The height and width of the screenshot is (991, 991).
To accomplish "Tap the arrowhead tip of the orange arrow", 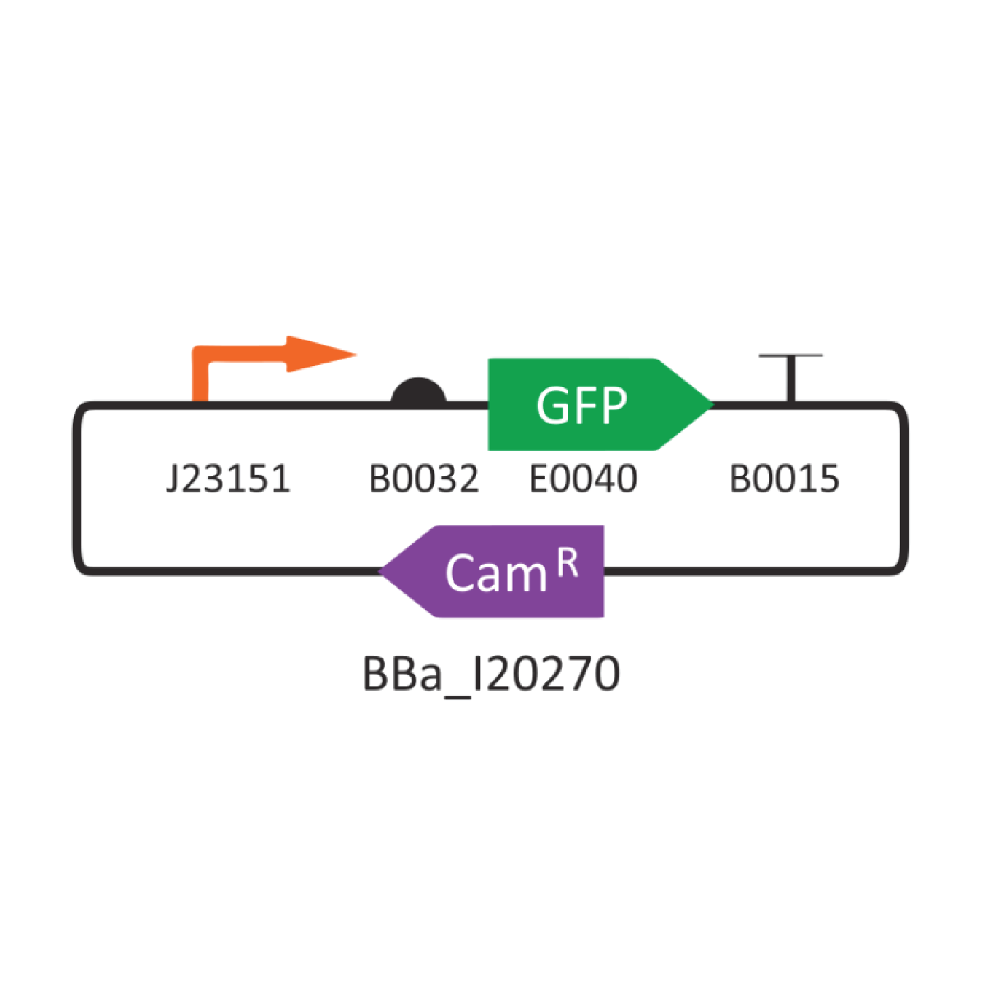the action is [357, 355].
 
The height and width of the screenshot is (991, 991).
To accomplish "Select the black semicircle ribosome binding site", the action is [418, 392].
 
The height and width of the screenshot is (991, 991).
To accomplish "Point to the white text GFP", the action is [581, 406].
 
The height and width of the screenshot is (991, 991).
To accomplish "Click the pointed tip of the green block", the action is [714, 404].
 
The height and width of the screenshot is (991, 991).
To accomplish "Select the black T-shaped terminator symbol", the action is [791, 378].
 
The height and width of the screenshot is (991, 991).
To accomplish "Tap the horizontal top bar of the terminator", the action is [791, 355].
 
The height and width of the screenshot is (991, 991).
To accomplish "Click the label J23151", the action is [228, 479].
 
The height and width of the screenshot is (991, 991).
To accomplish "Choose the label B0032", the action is [424, 479].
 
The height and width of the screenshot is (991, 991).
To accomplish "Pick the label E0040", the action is [583, 479].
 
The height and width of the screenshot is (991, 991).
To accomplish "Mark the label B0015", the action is [785, 479].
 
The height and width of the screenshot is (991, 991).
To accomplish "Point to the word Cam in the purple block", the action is [496, 573].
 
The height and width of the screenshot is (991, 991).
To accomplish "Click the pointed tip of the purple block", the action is [379, 571].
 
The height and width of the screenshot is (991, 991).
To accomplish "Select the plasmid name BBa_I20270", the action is [491, 674].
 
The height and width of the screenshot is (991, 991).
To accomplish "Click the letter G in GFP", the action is [552, 406].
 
